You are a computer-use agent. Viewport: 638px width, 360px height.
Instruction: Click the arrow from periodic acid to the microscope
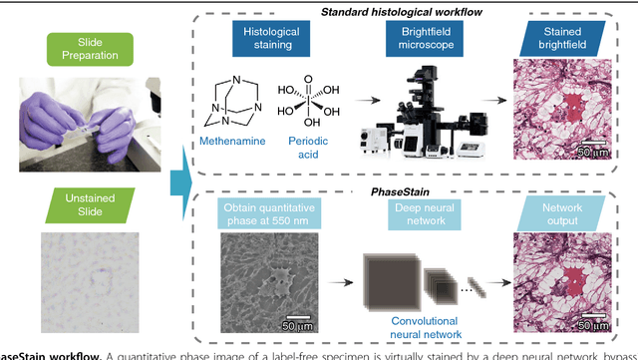coord(367,100)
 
